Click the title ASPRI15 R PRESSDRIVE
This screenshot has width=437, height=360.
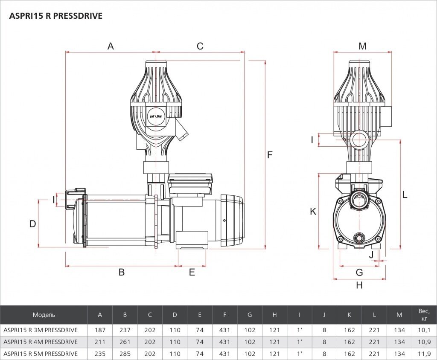(56, 16)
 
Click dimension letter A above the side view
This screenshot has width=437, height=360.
(111, 46)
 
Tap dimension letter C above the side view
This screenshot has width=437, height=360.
(200, 46)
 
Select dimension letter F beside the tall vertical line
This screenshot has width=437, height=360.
(270, 155)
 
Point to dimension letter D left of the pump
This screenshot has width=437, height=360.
(32, 224)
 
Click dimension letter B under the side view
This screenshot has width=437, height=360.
(122, 272)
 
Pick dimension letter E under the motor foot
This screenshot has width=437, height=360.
(192, 272)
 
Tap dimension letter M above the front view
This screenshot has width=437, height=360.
(362, 46)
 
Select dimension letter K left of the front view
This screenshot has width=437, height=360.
(313, 211)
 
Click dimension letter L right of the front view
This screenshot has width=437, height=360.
(405, 195)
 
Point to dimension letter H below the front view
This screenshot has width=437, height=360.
(359, 285)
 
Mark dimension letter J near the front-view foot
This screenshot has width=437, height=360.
(371, 255)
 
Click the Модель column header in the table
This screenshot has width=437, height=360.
(44, 315)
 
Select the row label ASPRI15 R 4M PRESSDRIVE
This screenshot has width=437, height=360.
(41, 342)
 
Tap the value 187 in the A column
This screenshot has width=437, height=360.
(100, 330)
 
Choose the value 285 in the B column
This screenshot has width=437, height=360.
(125, 354)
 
